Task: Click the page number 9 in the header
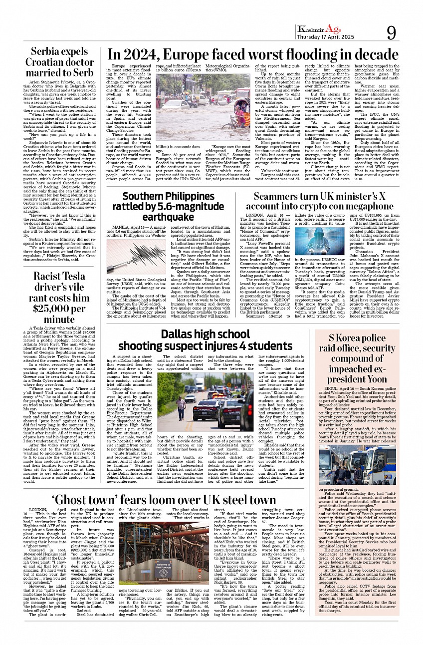[x=391, y=33]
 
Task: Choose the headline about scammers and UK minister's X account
[x=320, y=201]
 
